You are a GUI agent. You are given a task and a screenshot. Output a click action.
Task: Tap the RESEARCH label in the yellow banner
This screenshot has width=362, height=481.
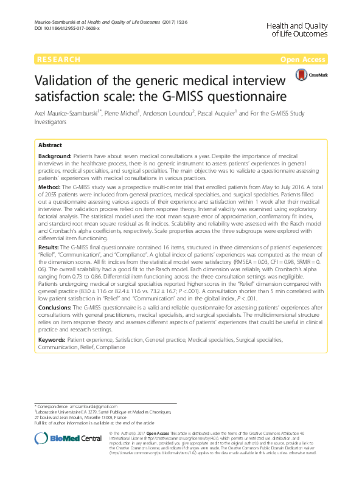click(x=58, y=60)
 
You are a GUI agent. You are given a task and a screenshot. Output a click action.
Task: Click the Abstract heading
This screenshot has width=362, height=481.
click(x=50, y=146)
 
